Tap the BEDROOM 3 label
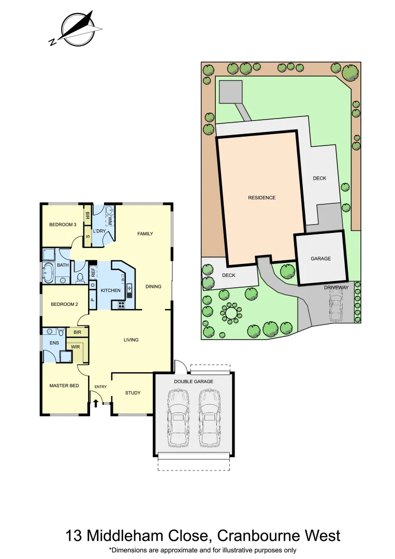tap(63, 225)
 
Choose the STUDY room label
tap(133, 393)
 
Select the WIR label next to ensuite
tap(76, 347)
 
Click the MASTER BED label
tap(64, 386)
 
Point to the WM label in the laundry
tap(110, 221)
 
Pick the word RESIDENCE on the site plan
tap(261, 198)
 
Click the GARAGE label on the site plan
tap(320, 259)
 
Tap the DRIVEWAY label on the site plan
tap(337, 287)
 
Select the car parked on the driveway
tap(337, 305)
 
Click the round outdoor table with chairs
tap(230, 313)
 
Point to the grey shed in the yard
tap(230, 92)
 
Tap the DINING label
tap(153, 286)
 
